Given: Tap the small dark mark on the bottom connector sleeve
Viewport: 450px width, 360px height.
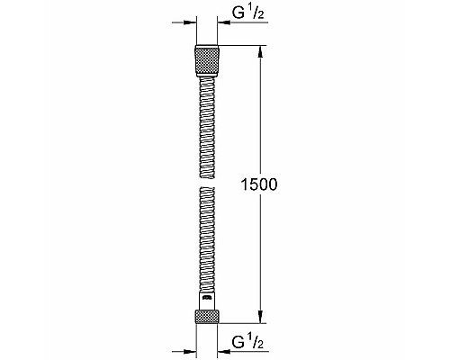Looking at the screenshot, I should (206, 296).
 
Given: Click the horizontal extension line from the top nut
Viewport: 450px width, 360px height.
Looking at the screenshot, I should (243, 46).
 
